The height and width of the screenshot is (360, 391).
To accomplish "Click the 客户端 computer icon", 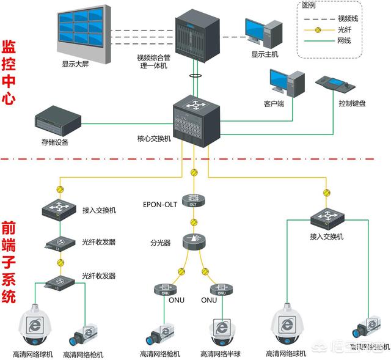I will (x=286, y=83).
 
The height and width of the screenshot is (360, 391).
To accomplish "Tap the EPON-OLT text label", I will (x=160, y=204).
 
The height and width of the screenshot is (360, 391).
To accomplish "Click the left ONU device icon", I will (x=164, y=288).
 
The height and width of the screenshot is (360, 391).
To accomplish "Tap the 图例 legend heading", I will (x=310, y=6).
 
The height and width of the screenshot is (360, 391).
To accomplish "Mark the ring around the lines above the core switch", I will (x=195, y=76).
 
